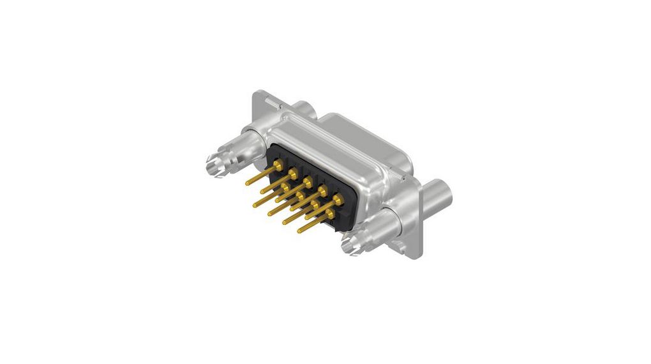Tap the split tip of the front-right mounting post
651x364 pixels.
(x=352, y=243)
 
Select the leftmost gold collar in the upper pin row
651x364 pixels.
(x=278, y=165)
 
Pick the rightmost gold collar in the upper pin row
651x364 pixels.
(x=337, y=200)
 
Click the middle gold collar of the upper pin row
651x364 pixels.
(x=307, y=182)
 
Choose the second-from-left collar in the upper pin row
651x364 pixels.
(x=292, y=173)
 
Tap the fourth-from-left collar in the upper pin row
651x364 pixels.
(x=322, y=190)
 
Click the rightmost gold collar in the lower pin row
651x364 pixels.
(x=328, y=213)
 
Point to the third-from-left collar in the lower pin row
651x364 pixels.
(x=314, y=204)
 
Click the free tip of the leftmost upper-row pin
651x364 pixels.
(x=248, y=183)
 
